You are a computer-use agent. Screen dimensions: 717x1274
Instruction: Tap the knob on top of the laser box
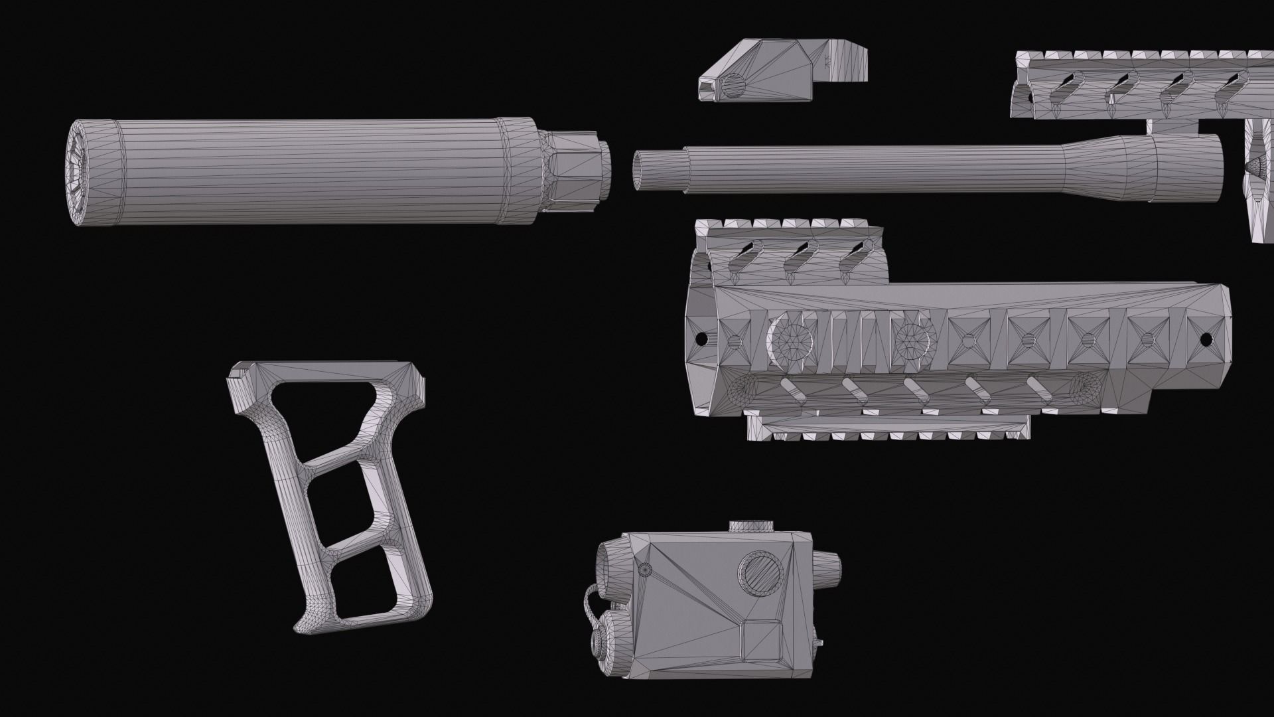click(751, 526)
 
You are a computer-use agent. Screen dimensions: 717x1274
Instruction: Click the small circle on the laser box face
click(644, 569)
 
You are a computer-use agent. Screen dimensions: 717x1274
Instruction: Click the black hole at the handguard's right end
click(1206, 339)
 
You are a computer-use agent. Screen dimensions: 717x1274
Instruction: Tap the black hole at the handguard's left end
click(699, 339)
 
